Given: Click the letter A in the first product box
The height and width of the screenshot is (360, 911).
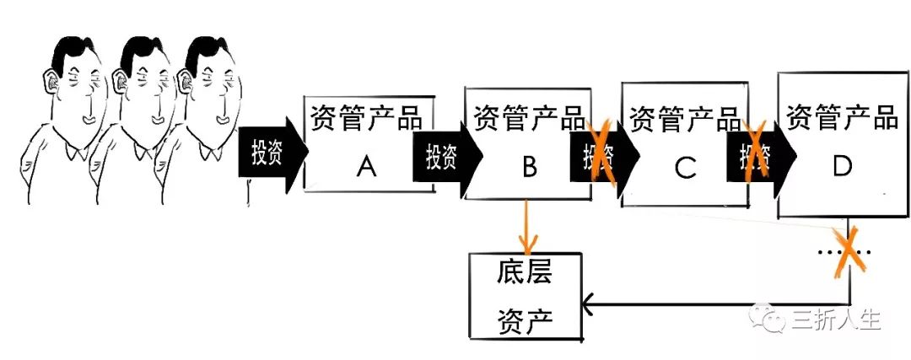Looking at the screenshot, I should pyautogui.click(x=365, y=168).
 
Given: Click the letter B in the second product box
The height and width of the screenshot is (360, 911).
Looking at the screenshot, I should pyautogui.click(x=529, y=168).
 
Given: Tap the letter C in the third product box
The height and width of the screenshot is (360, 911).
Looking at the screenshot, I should pyautogui.click(x=684, y=169).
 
